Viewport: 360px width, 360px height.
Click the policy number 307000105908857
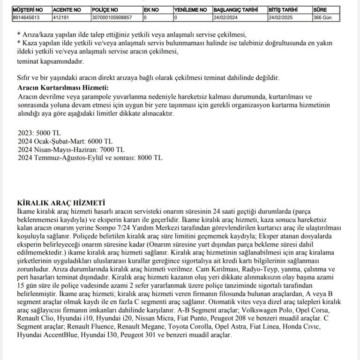[112, 17]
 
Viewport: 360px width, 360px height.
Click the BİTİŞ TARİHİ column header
[284, 9]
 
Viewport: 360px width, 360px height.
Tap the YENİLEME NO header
[190, 9]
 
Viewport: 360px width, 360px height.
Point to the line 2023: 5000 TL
[39, 133]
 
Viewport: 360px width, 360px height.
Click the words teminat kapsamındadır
[50, 61]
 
